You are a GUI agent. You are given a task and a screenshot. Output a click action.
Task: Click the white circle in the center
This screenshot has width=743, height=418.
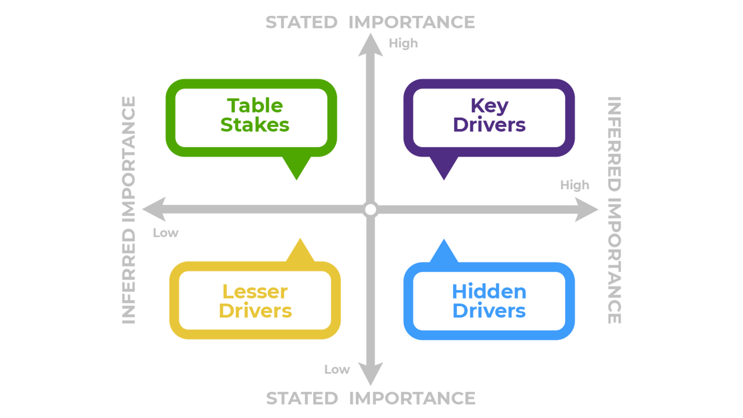[370, 209]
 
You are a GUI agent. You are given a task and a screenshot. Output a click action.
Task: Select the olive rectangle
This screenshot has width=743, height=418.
[60, 303]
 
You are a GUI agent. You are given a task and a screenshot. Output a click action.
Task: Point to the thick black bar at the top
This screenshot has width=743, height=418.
[371, 8]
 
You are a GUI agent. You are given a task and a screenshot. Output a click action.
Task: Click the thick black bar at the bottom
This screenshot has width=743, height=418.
[371, 411]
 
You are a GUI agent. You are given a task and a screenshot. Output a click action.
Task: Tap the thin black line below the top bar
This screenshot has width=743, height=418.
[371, 31]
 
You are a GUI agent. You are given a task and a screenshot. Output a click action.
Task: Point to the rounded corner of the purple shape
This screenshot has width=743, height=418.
[411, 86]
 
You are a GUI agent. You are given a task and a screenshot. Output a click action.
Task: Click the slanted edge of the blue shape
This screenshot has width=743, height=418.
[437, 250]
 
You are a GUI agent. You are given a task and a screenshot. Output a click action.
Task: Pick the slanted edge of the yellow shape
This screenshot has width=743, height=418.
[293, 249]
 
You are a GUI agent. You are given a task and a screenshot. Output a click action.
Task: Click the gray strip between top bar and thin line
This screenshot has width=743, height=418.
[371, 22]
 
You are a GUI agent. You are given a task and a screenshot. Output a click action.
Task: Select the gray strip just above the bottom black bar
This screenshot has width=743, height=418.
[371, 398]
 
